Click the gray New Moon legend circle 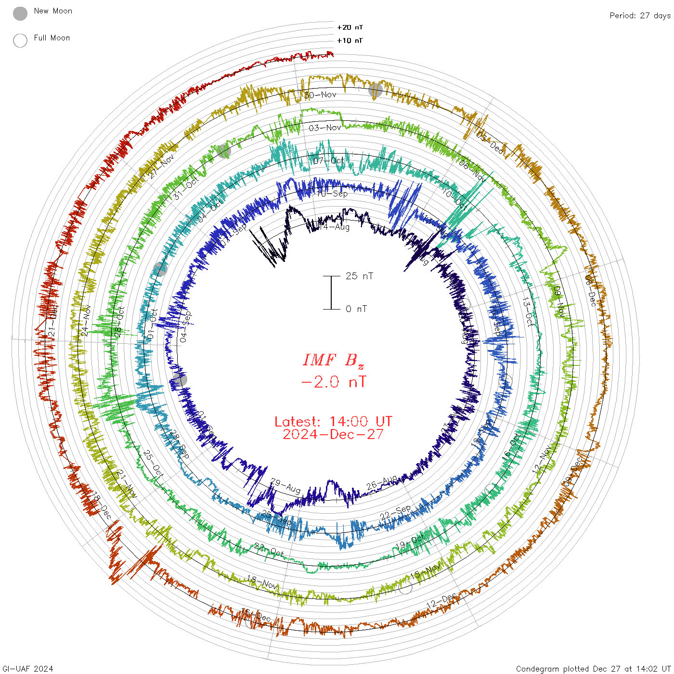(x=20, y=13)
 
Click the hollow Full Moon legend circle (x=20, y=40)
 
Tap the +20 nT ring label (x=350, y=27)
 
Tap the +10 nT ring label (x=350, y=40)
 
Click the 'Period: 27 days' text (x=640, y=15)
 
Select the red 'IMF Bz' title (x=333, y=360)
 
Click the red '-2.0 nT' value (x=333, y=382)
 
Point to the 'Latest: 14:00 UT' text (x=333, y=422)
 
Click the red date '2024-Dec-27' (x=333, y=434)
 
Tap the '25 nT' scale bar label (x=359, y=276)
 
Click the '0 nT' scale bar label (x=356, y=309)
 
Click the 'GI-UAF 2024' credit (x=28, y=668)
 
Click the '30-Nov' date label (x=321, y=95)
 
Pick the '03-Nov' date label (x=325, y=128)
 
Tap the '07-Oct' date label (x=329, y=160)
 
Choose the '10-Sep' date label (x=332, y=194)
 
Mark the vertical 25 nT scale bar (x=331, y=292)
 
